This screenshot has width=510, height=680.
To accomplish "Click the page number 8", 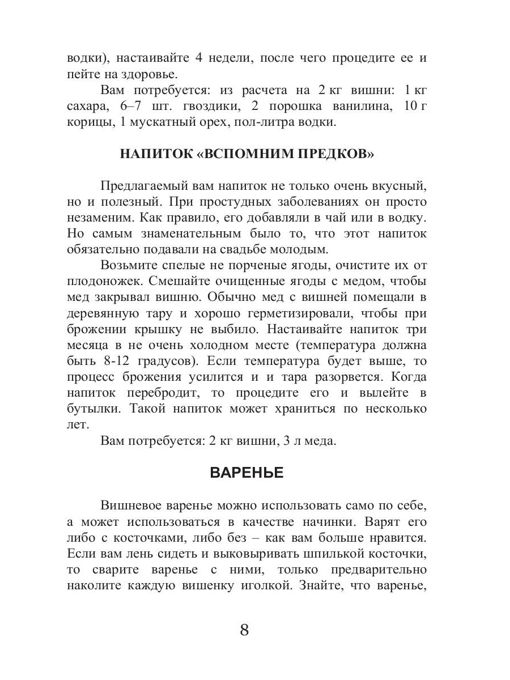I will pos(244,630).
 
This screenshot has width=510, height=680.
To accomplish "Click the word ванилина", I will pos(355,106).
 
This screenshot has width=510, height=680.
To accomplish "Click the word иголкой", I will pos(265,585).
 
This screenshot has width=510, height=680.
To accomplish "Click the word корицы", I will pos(87,122).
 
